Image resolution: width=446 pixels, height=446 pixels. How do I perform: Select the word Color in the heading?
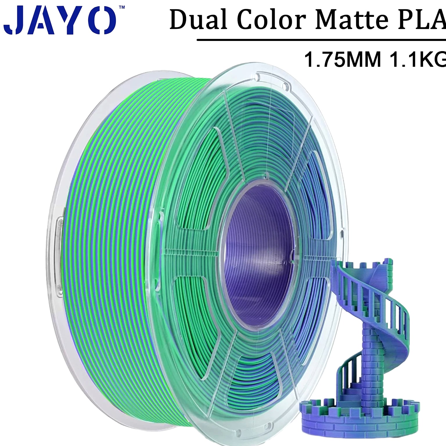coord(272,19)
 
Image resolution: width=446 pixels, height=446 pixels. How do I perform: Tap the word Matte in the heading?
coord(353,19)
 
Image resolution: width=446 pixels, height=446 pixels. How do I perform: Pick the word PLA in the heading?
coord(423,19)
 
